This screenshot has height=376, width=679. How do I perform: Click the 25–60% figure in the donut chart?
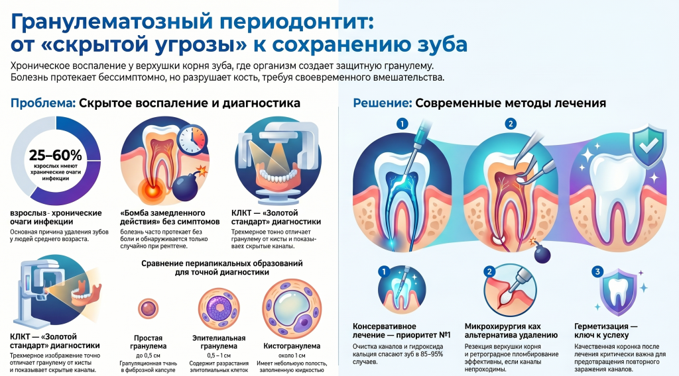click(56, 155)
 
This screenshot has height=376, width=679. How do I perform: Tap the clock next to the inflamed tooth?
click(193, 140)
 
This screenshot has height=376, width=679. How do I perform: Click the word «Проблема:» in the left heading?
click(43, 103)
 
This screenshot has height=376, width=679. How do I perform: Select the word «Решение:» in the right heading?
click(383, 103)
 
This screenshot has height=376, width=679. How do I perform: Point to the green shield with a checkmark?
click(648, 145)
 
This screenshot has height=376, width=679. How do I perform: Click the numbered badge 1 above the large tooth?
click(402, 124)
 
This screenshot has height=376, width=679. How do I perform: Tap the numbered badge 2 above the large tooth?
click(511, 124)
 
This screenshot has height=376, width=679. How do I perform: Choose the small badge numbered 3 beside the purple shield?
click(597, 271)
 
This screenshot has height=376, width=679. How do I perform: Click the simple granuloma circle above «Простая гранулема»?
click(148, 308)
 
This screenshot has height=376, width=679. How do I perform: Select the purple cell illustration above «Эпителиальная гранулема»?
click(219, 308)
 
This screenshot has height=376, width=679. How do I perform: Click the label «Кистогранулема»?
click(292, 346)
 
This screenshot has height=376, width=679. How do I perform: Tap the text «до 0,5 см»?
click(148, 355)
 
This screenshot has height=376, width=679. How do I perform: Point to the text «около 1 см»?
click(292, 355)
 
